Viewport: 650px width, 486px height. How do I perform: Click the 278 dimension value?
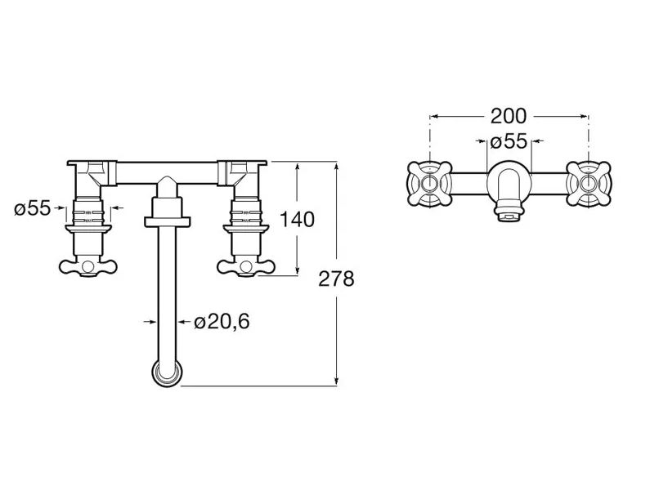pos(336,279)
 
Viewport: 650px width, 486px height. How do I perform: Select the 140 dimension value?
pos(298,220)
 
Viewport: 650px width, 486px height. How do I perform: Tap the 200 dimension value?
pos(509,116)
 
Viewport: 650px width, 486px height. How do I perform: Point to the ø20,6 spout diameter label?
pos(222,321)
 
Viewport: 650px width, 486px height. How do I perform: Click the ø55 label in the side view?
pos(33,207)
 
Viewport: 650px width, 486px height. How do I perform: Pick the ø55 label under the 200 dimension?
pos(509,141)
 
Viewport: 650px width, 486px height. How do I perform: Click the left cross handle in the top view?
pos(429,184)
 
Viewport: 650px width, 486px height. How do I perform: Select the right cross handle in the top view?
pos(589,184)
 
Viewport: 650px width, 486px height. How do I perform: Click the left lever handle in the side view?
pos(87,266)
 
